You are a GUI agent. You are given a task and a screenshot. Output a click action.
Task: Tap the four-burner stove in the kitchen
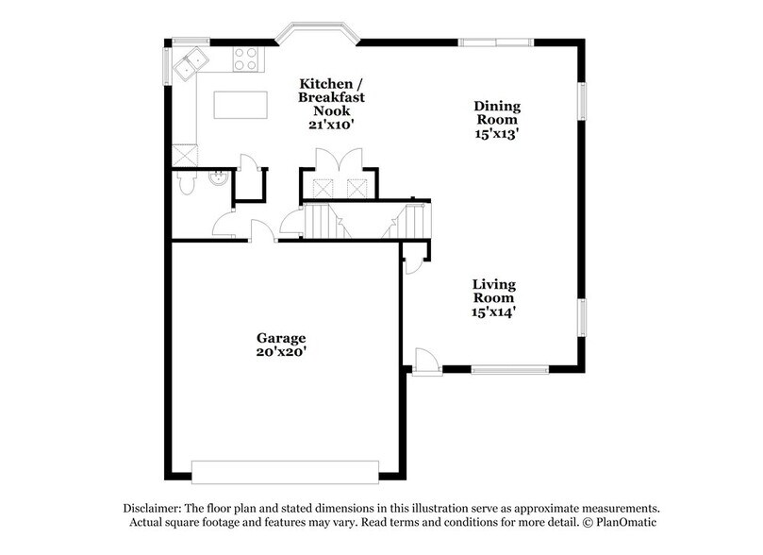click(246, 59)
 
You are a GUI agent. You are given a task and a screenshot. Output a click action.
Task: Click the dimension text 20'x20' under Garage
click(281, 353)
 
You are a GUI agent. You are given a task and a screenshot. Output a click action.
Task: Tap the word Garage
click(281, 338)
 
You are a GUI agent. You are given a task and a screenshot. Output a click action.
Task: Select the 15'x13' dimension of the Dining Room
click(497, 135)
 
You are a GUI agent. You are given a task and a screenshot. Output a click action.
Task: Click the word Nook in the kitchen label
click(331, 109)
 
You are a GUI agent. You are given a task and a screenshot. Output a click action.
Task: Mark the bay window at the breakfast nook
click(316, 35)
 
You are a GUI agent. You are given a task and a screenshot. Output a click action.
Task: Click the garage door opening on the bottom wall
click(286, 468)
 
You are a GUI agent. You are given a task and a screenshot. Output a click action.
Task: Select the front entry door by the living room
click(426, 361)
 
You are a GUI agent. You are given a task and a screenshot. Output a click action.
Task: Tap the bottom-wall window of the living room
click(503, 369)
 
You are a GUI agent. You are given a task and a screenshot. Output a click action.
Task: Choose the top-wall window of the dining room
click(495, 42)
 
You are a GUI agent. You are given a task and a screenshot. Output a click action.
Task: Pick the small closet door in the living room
click(412, 262)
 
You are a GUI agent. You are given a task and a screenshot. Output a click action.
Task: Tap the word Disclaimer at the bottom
click(155, 508)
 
